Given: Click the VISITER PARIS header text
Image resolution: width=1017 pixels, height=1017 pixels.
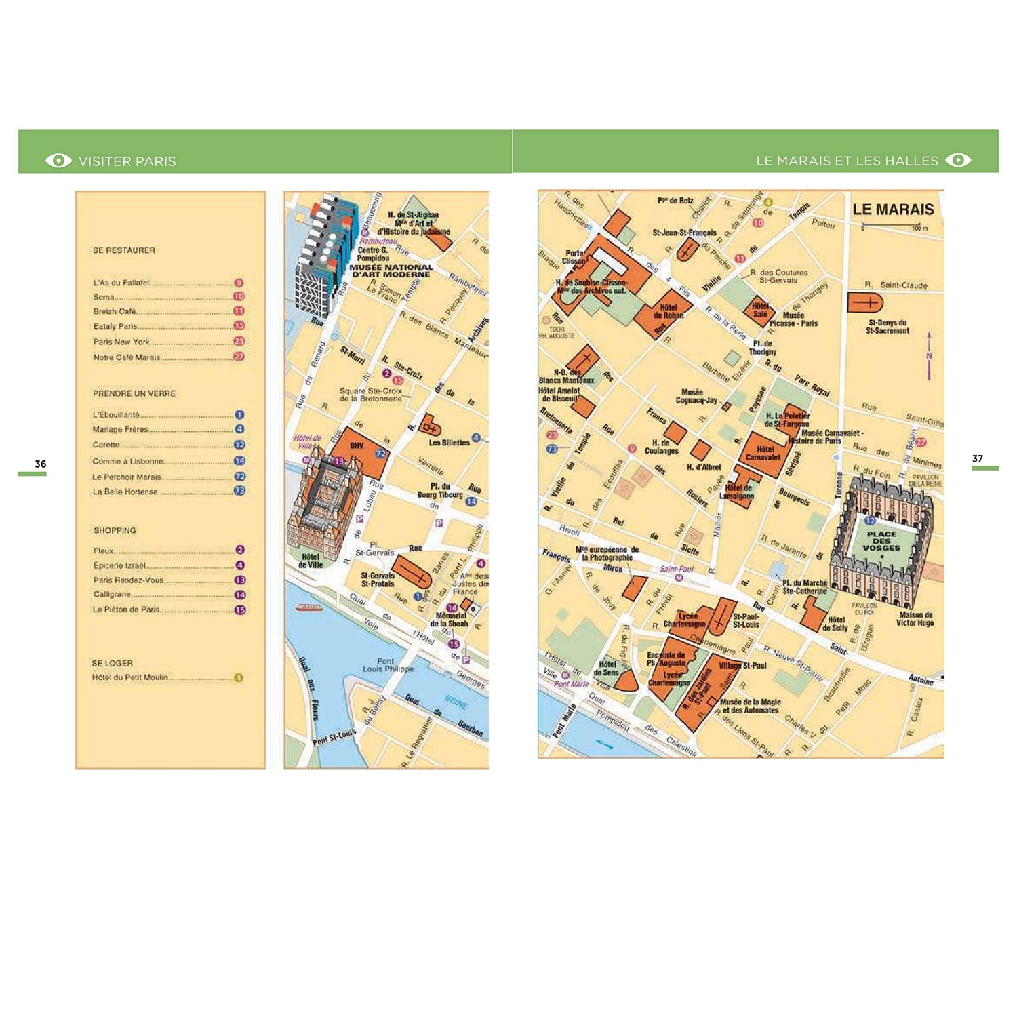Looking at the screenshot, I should (127, 161).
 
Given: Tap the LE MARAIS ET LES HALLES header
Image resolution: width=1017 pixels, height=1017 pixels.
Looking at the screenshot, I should (847, 161).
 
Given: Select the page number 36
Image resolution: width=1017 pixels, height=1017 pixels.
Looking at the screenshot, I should (41, 464).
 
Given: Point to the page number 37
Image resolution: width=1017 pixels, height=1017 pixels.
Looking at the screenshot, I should (977, 459).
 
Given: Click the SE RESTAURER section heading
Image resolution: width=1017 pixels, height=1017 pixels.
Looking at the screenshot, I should (124, 250).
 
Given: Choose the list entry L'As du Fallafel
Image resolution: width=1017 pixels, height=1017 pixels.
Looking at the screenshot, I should (122, 283).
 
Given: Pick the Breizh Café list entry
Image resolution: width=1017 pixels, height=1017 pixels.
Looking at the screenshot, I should (115, 311).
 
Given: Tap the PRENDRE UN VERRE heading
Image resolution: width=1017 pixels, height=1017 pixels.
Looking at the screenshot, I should (134, 393).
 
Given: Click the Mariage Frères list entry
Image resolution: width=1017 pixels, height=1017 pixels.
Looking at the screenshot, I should (121, 429).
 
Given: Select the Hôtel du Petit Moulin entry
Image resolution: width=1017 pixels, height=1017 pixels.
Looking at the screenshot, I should (130, 677).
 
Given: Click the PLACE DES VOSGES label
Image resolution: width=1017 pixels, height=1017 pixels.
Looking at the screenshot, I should (881, 541).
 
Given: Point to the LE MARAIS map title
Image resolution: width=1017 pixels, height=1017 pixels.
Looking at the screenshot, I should (893, 210).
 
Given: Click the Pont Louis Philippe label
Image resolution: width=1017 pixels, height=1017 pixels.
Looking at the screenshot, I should (387, 665).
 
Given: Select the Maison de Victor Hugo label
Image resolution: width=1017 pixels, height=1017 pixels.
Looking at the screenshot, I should (915, 618).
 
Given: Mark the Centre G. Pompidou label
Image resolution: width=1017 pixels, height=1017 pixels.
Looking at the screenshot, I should (373, 254).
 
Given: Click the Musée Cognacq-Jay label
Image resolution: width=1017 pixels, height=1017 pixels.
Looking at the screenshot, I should (696, 396).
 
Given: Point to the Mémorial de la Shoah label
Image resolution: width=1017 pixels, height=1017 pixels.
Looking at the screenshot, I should (449, 620).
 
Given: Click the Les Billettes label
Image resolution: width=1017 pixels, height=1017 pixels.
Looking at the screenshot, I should (449, 443).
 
